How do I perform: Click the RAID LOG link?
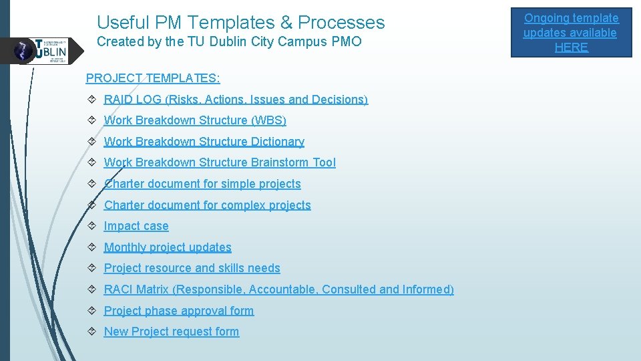click(x=235, y=100)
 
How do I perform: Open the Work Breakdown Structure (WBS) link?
click(x=195, y=120)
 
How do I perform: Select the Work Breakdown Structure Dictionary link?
click(x=204, y=142)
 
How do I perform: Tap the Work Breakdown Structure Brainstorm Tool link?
click(x=220, y=162)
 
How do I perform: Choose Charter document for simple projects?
click(x=202, y=184)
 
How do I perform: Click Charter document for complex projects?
click(x=207, y=205)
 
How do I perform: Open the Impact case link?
click(x=136, y=226)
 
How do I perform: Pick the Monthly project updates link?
click(x=168, y=247)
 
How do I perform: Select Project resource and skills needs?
click(x=192, y=268)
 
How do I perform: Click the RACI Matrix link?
click(x=278, y=289)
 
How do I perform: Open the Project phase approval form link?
click(x=179, y=311)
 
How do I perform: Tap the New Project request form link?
click(x=171, y=332)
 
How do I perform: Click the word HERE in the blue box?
click(x=571, y=47)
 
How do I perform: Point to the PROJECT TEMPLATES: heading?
click(x=153, y=78)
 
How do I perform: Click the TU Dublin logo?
click(x=43, y=51)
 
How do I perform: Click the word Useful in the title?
click(x=120, y=23)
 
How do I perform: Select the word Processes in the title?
click(x=341, y=23)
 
